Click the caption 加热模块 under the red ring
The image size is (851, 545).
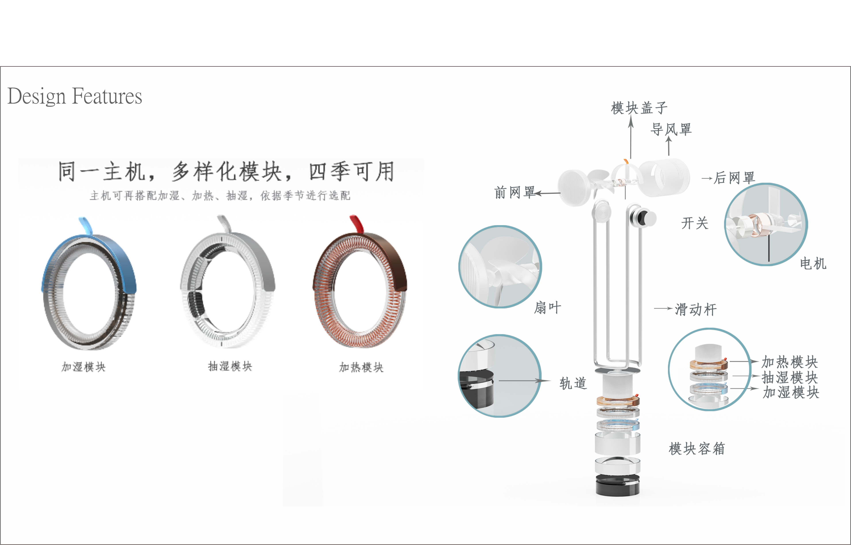(x=361, y=367)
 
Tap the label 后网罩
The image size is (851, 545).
(x=734, y=178)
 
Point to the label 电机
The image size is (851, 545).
(x=813, y=264)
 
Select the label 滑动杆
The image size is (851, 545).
(x=696, y=310)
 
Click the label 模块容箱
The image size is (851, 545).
(x=696, y=449)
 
